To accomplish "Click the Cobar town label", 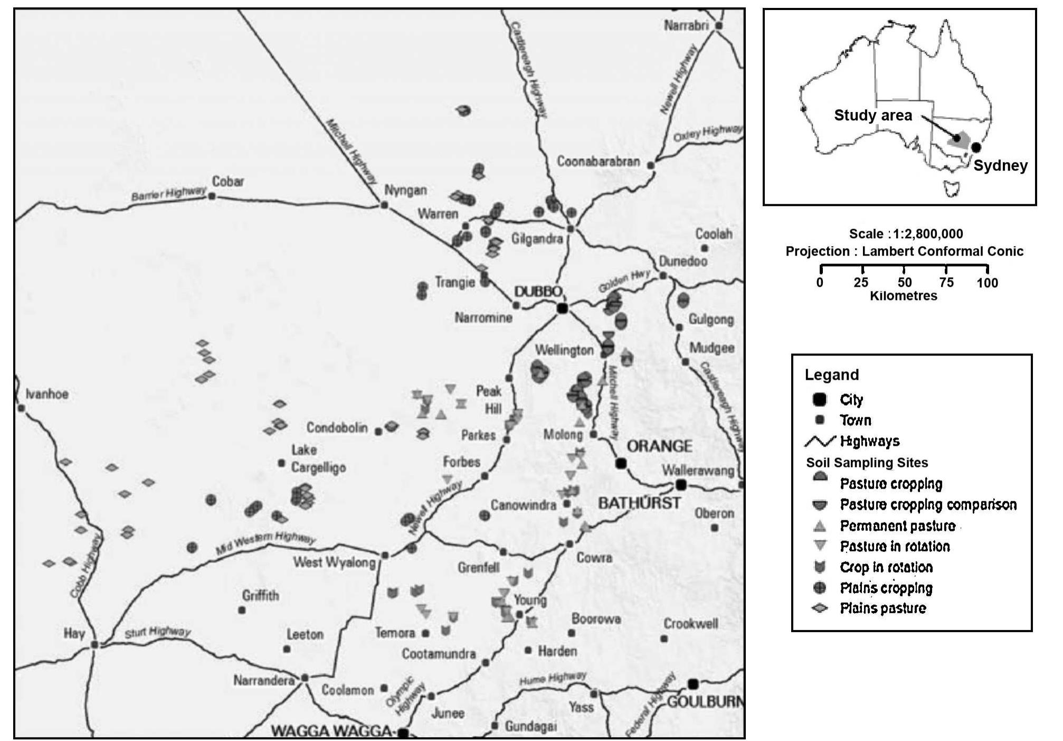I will click(x=228, y=181).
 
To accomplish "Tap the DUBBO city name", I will click(x=538, y=292).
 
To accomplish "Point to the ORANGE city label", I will click(x=659, y=446).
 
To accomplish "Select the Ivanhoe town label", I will click(x=47, y=394).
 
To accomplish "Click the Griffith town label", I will click(x=260, y=596).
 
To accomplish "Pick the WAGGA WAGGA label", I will click(x=331, y=731).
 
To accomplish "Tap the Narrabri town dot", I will click(x=718, y=25).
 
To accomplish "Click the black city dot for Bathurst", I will click(x=681, y=484).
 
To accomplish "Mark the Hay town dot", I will click(x=94, y=645).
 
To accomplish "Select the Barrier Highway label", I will click(x=168, y=194).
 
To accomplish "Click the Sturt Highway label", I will click(x=157, y=632).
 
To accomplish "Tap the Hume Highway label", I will click(x=553, y=678).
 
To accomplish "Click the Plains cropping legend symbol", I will click(x=819, y=588).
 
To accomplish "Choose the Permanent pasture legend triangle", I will click(x=819, y=526).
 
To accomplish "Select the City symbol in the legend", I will click(x=819, y=400).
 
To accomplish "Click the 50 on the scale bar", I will click(x=904, y=283).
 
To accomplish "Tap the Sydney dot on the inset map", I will click(x=976, y=148).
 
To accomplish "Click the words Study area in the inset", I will click(x=872, y=116).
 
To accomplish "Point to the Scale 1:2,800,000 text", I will click(x=906, y=234).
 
